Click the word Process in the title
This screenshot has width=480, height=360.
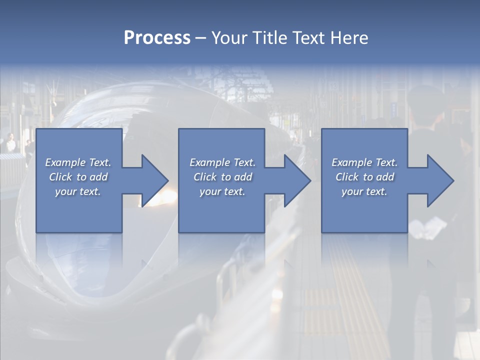click(x=157, y=38)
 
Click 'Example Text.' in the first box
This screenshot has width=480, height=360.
click(x=78, y=162)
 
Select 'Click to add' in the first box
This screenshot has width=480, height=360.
click(x=78, y=177)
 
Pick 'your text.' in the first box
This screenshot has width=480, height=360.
click(x=78, y=191)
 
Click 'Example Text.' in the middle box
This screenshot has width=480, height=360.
click(x=222, y=162)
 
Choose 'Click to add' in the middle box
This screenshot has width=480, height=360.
click(x=222, y=177)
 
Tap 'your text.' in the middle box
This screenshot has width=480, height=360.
click(x=222, y=191)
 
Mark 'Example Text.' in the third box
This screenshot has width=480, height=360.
click(x=364, y=162)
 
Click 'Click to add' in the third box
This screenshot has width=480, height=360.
click(x=364, y=177)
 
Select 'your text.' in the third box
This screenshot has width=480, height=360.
click(x=364, y=191)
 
